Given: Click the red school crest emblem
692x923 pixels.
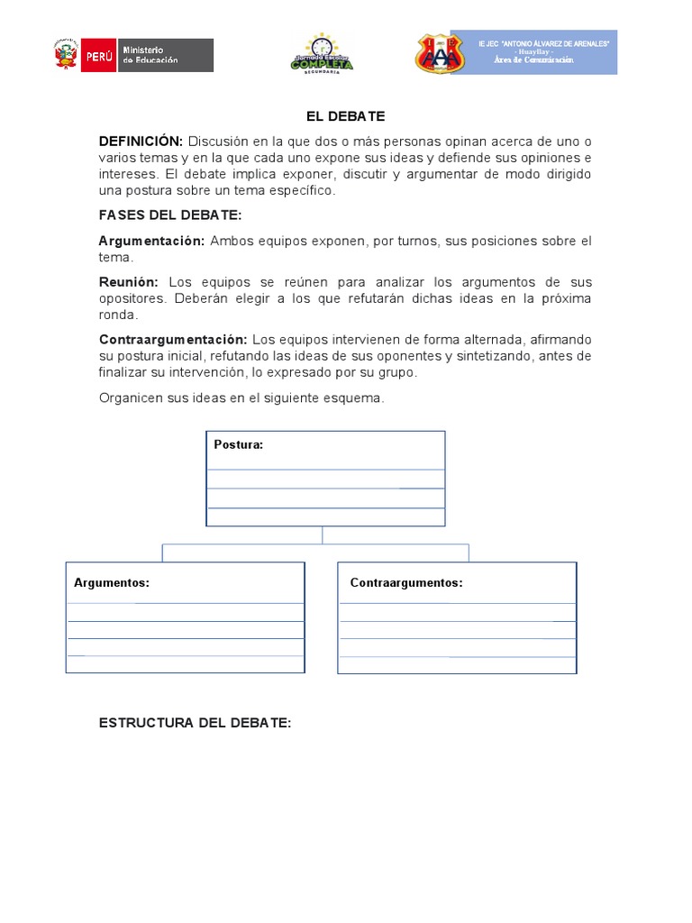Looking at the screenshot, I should point(440,54).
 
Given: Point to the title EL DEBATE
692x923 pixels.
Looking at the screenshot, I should point(346,116).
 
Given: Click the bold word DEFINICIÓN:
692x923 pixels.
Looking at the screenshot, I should point(141,142).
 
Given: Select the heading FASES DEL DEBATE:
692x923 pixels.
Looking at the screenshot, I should point(170,215).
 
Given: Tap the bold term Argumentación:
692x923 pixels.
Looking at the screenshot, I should point(151,241).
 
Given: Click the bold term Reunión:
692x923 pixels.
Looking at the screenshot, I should point(128,282).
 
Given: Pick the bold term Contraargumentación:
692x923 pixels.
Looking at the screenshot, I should point(172,339).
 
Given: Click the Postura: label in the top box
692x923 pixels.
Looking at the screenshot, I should point(239,444).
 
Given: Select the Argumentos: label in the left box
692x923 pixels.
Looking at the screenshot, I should point(112,583).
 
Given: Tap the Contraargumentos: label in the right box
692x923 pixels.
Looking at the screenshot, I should point(406,583).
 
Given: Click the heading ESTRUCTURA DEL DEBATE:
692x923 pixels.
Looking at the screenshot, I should point(195,723).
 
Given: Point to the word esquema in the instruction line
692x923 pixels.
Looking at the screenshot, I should point(358,398).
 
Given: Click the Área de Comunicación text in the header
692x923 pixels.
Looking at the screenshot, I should point(533,59).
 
